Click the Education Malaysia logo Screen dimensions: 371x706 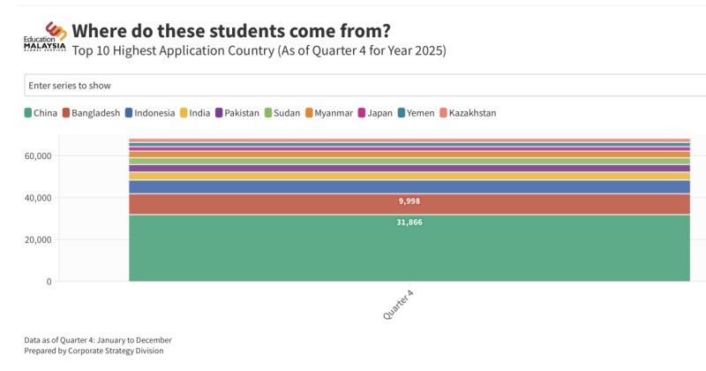point(44,36)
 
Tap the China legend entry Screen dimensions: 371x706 point(41,113)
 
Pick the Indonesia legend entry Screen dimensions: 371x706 point(150,113)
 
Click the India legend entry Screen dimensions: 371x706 point(196,113)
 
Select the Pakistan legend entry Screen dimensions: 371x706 point(237,113)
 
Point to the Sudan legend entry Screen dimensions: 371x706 point(282,113)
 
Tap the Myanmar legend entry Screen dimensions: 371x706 point(328,113)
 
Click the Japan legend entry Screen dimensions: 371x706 point(375,113)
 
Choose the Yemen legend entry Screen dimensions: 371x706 point(416,113)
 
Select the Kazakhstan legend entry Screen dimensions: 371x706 point(468,113)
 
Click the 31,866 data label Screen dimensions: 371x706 point(409,223)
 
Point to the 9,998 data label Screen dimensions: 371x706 point(409,201)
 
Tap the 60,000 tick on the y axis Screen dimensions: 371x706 point(38,156)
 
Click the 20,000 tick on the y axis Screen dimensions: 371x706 point(38,240)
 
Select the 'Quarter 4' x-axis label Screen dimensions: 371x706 point(399,304)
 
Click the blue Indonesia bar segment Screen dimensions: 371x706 point(409,186)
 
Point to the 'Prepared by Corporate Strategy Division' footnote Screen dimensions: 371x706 point(94,351)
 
